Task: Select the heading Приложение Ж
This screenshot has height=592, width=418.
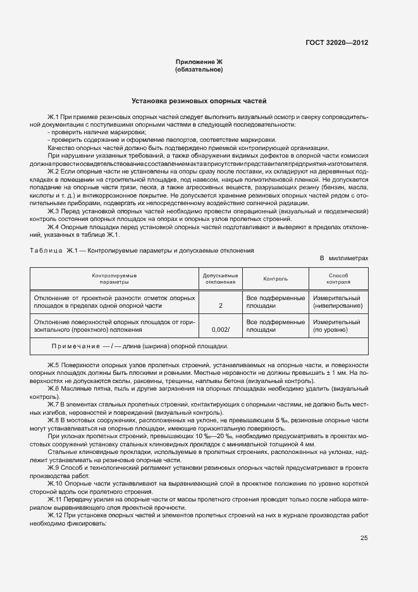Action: [x=199, y=61]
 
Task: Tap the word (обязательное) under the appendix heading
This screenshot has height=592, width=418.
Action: [x=199, y=69]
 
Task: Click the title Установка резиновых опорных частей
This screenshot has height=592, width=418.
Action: [x=199, y=101]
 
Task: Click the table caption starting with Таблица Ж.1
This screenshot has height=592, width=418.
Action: [x=142, y=250]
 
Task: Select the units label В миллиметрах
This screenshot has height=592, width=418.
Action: [x=344, y=259]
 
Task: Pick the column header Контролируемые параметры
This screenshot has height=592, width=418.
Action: [x=114, y=279]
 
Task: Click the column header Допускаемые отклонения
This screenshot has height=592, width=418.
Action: [x=220, y=279]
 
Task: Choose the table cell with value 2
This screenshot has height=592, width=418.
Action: [x=220, y=305]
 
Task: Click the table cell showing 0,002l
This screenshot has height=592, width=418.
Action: [x=220, y=329]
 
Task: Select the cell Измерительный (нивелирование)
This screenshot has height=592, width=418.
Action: [x=338, y=301]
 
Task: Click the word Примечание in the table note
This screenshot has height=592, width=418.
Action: [x=77, y=346]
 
